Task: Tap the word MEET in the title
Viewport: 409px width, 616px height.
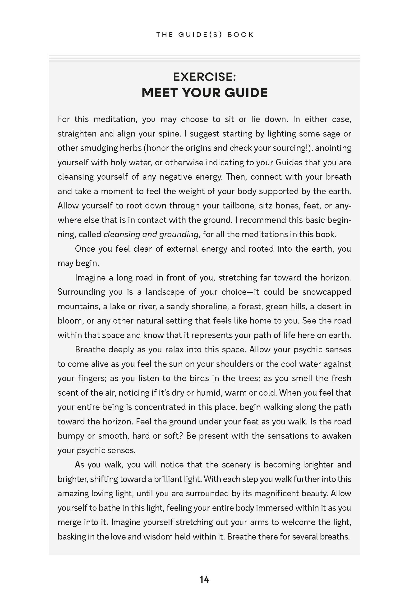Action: (159, 93)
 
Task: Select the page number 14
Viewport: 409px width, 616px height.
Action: (204, 580)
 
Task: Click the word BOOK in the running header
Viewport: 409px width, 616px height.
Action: (240, 35)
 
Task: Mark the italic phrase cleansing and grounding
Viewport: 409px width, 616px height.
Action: (151, 235)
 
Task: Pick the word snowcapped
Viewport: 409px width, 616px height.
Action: (326, 292)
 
